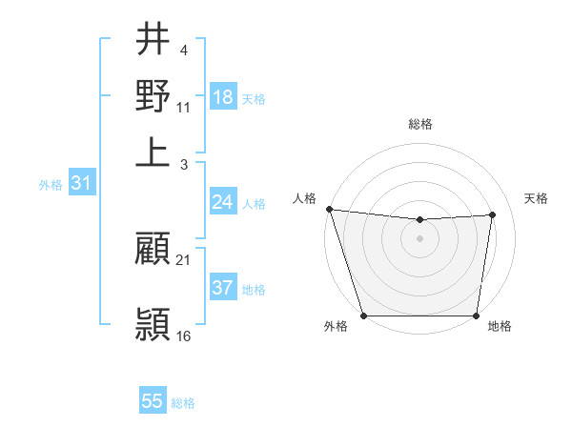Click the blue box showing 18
[x=223, y=97]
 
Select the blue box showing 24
[x=223, y=202]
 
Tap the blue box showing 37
[x=223, y=288]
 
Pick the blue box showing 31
[x=81, y=183]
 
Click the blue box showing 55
[x=153, y=401]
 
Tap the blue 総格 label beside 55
[x=183, y=403]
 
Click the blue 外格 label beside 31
[x=50, y=185]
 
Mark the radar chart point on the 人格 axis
[x=329, y=209]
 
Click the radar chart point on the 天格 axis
[x=493, y=214]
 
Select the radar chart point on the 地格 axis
[x=477, y=316]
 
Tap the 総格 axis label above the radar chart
[x=419, y=124]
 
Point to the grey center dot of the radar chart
[x=419, y=238]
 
